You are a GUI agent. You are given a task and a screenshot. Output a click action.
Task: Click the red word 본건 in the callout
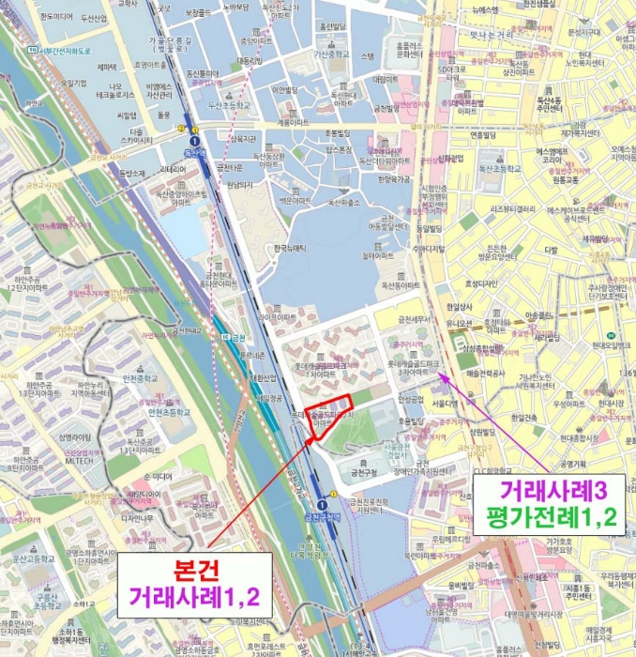(x=195, y=572)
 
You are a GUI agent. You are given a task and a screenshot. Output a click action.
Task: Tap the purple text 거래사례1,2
(x=195, y=596)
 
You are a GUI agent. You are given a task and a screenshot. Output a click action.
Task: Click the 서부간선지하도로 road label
(x=67, y=49)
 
